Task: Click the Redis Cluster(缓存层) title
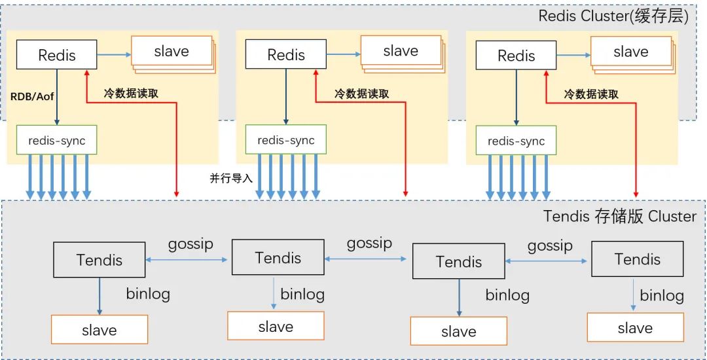click(x=613, y=16)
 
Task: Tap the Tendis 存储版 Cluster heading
click(x=620, y=216)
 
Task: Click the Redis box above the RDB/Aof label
click(x=57, y=55)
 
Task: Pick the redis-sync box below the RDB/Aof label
click(x=57, y=140)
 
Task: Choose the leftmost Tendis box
click(x=100, y=259)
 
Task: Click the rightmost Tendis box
click(x=637, y=259)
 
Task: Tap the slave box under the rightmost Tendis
click(x=635, y=327)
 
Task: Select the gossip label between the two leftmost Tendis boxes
click(x=190, y=244)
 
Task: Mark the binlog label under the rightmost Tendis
click(x=662, y=296)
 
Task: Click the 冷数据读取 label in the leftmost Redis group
click(x=131, y=93)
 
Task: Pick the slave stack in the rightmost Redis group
click(x=632, y=54)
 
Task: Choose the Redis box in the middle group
click(x=286, y=54)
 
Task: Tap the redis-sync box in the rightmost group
click(x=517, y=141)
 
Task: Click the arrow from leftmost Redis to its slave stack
click(x=114, y=55)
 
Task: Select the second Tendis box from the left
click(x=278, y=257)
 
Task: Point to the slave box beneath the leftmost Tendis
click(x=100, y=329)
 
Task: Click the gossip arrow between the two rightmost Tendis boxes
click(x=549, y=261)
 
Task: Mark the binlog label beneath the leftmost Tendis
click(x=148, y=294)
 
